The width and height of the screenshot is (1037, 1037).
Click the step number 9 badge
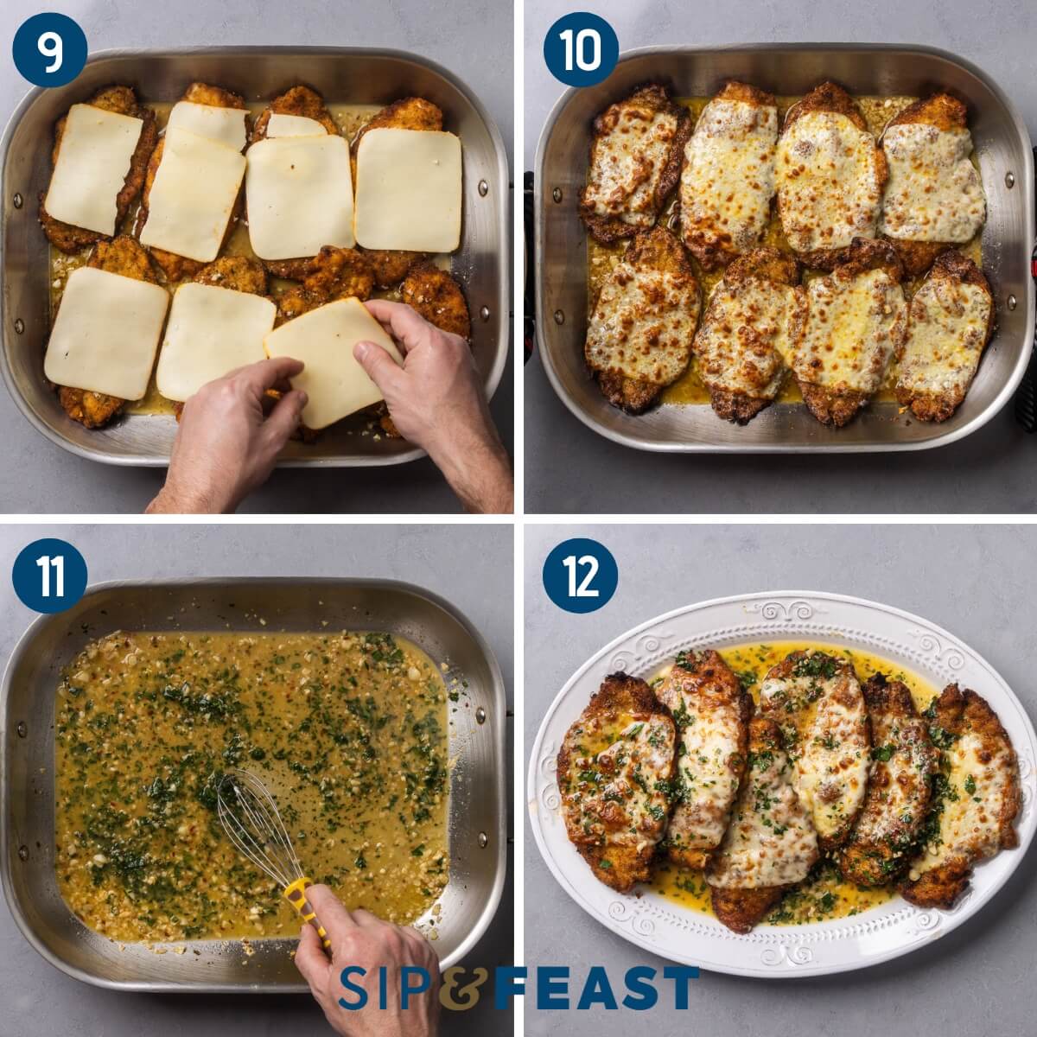pyautogui.click(x=49, y=49)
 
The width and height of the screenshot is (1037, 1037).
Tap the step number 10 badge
pyautogui.click(x=581, y=49)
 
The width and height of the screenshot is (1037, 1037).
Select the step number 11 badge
pyautogui.click(x=49, y=576)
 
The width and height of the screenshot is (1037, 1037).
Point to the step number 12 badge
pyautogui.click(x=581, y=576)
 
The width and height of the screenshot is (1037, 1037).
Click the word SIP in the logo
pyautogui.click(x=386, y=988)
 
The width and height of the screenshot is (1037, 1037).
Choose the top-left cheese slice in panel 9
pyautogui.click(x=92, y=169)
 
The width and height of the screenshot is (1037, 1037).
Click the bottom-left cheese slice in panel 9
pyautogui.click(x=105, y=333)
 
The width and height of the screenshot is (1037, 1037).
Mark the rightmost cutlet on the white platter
pyautogui.click(x=972, y=791)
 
